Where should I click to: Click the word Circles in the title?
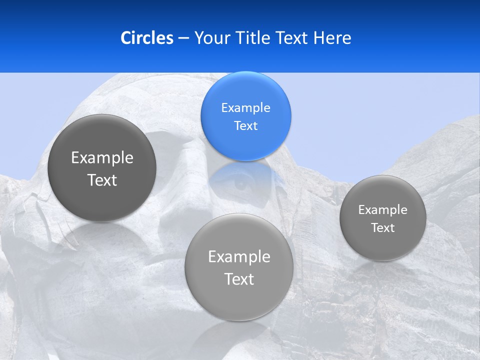tap(146, 38)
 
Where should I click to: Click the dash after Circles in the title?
tap(183, 38)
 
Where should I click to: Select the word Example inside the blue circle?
tap(245, 107)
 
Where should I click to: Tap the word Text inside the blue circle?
tap(245, 125)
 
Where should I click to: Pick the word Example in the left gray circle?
tap(102, 157)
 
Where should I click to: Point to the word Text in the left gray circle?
tap(102, 180)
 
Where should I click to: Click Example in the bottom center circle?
tap(239, 256)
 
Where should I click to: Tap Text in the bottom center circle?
tap(239, 279)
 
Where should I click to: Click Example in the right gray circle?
tap(383, 209)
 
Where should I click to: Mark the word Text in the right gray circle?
tap(383, 227)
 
